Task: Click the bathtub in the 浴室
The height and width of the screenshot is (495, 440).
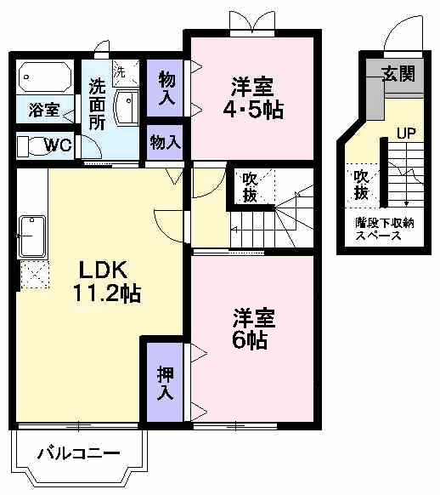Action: [45, 77]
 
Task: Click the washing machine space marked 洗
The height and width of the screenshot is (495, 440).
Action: [126, 73]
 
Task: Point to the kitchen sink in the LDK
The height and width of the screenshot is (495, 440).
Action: [32, 236]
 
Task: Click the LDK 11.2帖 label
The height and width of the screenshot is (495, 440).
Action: [106, 282]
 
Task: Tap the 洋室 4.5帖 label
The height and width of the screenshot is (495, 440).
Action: [253, 98]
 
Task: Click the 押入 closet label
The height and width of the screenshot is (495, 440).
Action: [165, 383]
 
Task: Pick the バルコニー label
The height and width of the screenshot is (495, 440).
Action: [78, 453]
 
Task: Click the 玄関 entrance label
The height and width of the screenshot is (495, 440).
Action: [398, 74]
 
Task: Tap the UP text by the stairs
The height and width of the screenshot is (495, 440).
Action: [406, 134]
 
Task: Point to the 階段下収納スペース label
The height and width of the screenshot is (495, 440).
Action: [384, 229]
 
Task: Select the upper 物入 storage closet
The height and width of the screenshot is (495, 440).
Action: [165, 88]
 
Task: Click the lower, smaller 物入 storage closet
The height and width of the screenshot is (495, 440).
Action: [165, 142]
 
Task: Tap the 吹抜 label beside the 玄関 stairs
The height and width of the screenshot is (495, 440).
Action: [361, 185]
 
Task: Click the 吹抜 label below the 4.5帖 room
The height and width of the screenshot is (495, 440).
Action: [250, 188]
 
